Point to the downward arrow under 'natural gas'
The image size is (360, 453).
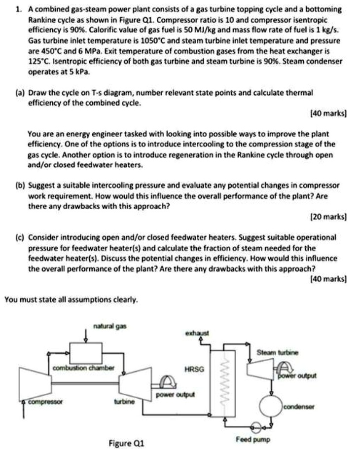point(87,336)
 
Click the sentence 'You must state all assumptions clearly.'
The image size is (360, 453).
point(71,299)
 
